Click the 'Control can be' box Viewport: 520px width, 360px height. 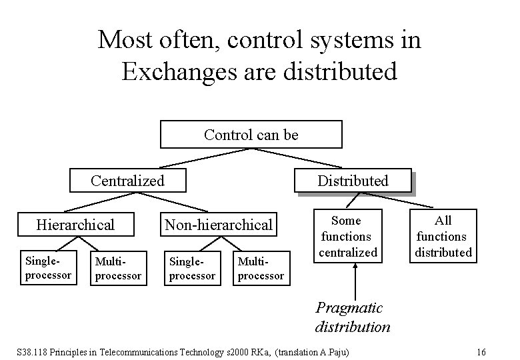click(x=251, y=134)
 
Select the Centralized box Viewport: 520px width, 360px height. click(x=127, y=180)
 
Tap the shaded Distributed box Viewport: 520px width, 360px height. click(x=353, y=181)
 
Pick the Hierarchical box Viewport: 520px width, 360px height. click(x=75, y=225)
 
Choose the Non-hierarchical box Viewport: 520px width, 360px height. click(x=219, y=225)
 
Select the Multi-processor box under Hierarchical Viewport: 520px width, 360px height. click(x=118, y=269)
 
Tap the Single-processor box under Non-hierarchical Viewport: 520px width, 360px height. click(x=191, y=269)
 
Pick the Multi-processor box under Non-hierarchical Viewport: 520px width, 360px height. click(x=261, y=269)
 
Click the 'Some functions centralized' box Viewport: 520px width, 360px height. click(x=347, y=236)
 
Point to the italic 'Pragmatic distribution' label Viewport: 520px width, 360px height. click(x=353, y=317)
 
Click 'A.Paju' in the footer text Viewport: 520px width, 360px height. click(x=337, y=351)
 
